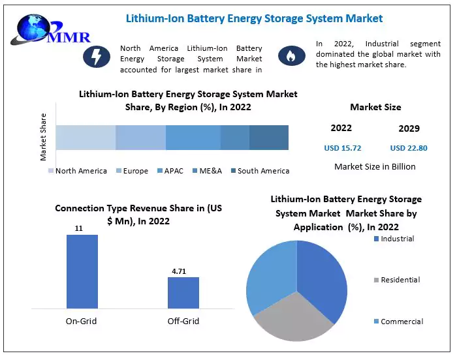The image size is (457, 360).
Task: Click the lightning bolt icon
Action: pyautogui.click(x=96, y=57)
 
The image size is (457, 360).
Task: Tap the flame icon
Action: pyautogui.click(x=288, y=57)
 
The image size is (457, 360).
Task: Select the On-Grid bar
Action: pyautogui.click(x=82, y=271)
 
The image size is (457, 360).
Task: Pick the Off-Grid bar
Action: pyautogui.click(x=183, y=292)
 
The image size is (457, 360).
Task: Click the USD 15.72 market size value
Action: pyautogui.click(x=342, y=148)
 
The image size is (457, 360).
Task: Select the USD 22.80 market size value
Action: pyautogui.click(x=409, y=148)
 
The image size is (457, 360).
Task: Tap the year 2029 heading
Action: pyautogui.click(x=409, y=128)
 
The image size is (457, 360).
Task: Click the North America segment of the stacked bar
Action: pyautogui.click(x=86, y=138)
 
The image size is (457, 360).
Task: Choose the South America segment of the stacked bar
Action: pyautogui.click(x=268, y=138)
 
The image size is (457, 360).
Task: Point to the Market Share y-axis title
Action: pyautogui.click(x=44, y=137)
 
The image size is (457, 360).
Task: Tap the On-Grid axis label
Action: pyautogui.click(x=82, y=321)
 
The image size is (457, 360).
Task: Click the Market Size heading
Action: pyautogui.click(x=375, y=107)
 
